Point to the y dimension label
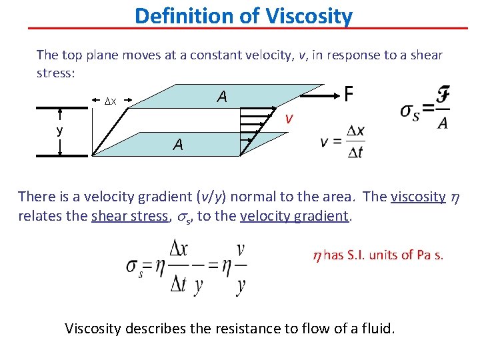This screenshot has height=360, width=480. tap(59, 131)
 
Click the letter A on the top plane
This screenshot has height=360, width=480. tap(221, 97)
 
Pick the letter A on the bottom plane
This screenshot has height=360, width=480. tap(177, 144)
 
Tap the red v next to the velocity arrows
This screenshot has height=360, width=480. tap(288, 119)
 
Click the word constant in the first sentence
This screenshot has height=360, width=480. tap(217, 55)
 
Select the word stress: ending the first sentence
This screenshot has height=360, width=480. tap(55, 73)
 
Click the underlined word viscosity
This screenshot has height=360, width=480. tap(418, 197)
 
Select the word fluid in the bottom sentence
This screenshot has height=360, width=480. tap(377, 328)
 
